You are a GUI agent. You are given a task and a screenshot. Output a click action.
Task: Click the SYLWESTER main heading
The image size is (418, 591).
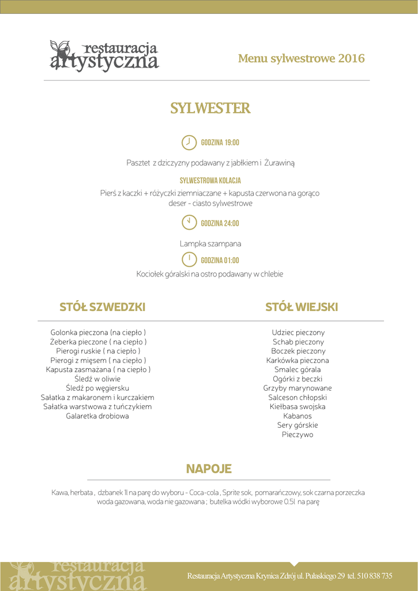[x=210, y=109]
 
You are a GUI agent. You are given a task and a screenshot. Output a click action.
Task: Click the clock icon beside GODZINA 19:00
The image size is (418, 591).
[x=189, y=142]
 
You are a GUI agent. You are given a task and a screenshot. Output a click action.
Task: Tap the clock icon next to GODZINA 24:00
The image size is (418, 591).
[x=189, y=222]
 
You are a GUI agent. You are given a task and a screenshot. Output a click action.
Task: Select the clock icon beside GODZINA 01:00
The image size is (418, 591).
[x=189, y=259]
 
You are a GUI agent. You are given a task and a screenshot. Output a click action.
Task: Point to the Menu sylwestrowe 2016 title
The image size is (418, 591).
[x=301, y=58]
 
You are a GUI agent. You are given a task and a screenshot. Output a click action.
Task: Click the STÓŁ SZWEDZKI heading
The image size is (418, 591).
[x=103, y=307]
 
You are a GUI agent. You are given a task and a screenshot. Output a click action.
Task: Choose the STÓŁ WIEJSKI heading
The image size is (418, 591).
[x=302, y=307]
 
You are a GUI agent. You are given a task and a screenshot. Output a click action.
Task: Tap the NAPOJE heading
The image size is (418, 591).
[x=209, y=469]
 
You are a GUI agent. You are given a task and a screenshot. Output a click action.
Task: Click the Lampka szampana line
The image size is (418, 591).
[x=210, y=244]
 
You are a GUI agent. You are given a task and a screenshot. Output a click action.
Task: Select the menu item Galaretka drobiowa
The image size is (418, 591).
[x=97, y=416]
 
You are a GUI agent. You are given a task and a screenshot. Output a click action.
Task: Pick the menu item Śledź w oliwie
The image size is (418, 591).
[x=97, y=379]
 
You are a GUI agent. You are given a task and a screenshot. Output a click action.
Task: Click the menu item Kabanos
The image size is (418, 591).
[x=298, y=416]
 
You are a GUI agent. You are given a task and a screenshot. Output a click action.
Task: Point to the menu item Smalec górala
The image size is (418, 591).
[x=298, y=370]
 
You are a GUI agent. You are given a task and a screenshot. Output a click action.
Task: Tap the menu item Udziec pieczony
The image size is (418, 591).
[x=298, y=332]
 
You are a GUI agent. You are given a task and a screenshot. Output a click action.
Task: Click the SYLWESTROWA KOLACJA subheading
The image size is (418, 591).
[x=210, y=181]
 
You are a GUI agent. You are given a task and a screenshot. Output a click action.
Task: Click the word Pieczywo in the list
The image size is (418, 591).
[x=298, y=435]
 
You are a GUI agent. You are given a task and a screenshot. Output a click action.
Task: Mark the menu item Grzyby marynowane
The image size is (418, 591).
[x=298, y=388]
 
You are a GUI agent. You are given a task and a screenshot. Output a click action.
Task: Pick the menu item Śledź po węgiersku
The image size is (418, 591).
[x=97, y=388]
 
